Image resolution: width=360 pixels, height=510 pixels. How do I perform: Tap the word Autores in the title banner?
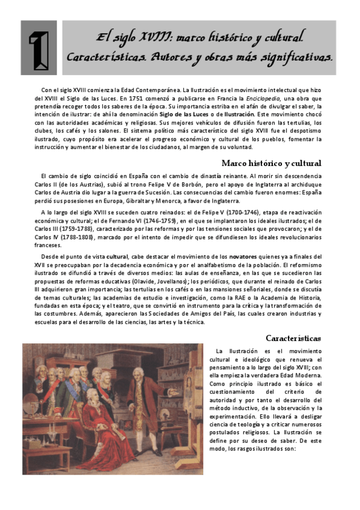pos(165,57)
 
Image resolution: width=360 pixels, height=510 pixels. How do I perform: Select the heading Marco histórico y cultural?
pos(271,163)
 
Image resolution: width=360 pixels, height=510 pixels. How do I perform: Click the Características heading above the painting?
pos(293,338)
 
